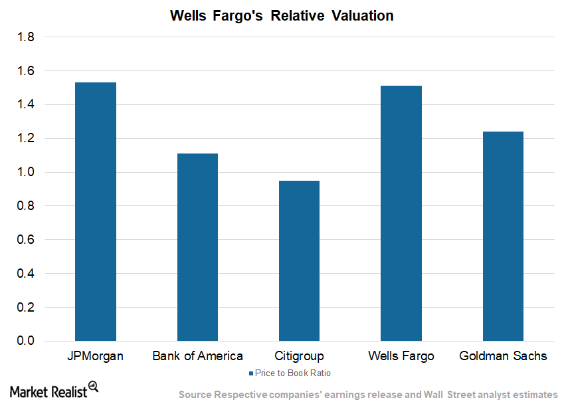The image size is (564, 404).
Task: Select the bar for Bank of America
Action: click(x=197, y=247)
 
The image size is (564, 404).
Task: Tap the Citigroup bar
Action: click(x=299, y=260)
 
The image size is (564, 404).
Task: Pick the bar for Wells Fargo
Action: click(x=401, y=213)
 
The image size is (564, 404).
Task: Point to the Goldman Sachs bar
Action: click(x=503, y=236)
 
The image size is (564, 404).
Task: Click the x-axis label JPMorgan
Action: click(x=96, y=356)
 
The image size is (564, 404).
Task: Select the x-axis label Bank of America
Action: click(x=197, y=356)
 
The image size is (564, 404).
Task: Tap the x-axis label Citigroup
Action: click(x=299, y=356)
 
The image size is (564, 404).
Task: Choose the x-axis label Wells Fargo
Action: click(x=401, y=356)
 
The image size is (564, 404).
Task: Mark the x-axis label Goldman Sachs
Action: click(x=503, y=356)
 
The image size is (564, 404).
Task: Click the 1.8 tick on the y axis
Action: click(x=26, y=37)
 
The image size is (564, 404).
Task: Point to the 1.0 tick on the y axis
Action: click(x=26, y=172)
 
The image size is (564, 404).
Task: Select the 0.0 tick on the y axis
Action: click(x=26, y=341)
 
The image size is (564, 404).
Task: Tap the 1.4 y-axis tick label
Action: click(x=26, y=105)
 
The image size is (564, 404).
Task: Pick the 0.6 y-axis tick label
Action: click(x=26, y=240)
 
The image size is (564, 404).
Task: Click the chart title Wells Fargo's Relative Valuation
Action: click(x=282, y=15)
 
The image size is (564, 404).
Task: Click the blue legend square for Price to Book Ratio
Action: click(x=250, y=373)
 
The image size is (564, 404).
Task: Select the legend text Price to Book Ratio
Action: click(x=293, y=373)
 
